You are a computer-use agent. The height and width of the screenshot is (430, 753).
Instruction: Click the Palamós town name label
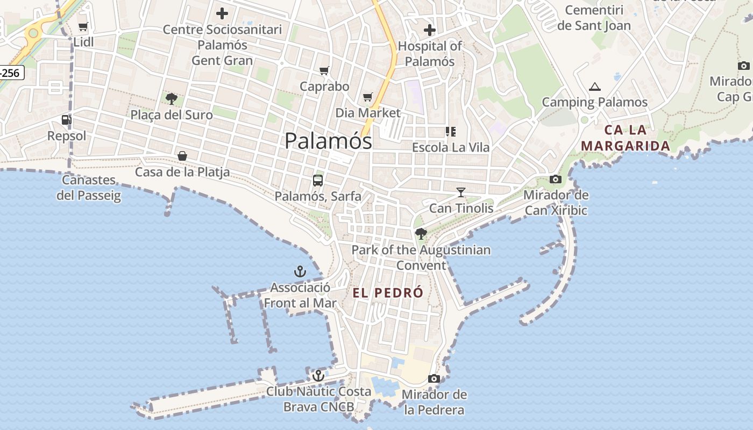[328, 141]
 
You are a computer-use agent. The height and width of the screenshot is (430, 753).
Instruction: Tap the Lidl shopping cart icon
[83, 26]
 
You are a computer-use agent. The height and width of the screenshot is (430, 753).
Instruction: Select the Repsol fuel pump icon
[66, 120]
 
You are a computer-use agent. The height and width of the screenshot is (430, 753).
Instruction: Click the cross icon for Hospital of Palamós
[429, 30]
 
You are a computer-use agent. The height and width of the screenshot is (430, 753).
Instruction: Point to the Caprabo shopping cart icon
[324, 71]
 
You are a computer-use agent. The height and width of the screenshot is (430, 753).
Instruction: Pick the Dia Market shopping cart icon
[368, 97]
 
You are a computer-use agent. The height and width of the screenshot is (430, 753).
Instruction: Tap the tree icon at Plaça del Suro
[172, 98]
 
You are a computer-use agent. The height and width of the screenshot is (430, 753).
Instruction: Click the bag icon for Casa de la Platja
[182, 156]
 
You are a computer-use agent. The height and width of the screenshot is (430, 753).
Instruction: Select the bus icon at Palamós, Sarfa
[318, 180]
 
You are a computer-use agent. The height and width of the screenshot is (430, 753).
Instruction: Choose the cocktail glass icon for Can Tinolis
[461, 192]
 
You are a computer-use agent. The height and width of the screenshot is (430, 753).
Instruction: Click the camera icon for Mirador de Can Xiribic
[556, 179]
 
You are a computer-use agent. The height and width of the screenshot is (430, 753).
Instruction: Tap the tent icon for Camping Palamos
[594, 87]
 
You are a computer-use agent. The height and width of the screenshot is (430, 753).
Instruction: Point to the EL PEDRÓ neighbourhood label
[388, 293]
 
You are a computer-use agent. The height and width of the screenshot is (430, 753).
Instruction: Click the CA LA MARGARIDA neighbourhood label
[626, 138]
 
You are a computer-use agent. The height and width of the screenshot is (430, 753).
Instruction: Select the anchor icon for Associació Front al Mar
[300, 271]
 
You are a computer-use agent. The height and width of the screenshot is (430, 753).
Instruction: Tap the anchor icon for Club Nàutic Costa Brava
[318, 375]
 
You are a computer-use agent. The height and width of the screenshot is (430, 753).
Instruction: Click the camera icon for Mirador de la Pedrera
[434, 379]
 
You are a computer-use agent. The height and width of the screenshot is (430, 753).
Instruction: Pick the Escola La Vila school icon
[451, 131]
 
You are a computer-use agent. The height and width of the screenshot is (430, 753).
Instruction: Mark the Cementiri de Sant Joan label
[594, 18]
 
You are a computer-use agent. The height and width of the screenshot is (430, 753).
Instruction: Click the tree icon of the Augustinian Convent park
[421, 234]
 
